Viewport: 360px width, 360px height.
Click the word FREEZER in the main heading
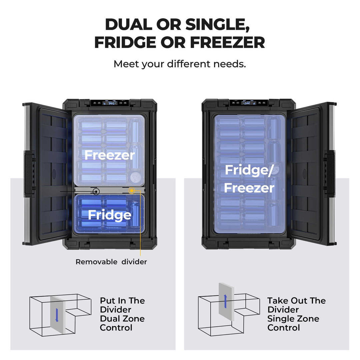(x=227, y=42)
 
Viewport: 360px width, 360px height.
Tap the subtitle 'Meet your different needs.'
(x=180, y=64)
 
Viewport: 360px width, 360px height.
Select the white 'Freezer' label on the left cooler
(x=109, y=155)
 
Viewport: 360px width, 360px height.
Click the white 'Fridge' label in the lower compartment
(x=109, y=215)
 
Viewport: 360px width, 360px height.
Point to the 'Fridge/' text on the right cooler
(x=249, y=170)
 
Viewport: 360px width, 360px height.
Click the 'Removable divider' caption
(x=111, y=262)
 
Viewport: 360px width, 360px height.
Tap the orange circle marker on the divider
(x=132, y=191)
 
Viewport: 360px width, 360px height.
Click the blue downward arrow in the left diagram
(x=57, y=315)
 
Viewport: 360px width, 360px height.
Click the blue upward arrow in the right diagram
(x=226, y=301)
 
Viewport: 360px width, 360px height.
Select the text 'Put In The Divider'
(x=122, y=305)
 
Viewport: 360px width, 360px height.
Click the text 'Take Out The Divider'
(x=296, y=305)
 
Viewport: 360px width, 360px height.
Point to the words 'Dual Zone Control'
(x=122, y=323)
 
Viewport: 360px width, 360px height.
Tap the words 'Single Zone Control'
(x=293, y=323)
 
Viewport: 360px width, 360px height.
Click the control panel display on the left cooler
(x=111, y=103)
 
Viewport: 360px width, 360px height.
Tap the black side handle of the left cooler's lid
(x=29, y=173)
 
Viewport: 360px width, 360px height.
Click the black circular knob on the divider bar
(x=96, y=191)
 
